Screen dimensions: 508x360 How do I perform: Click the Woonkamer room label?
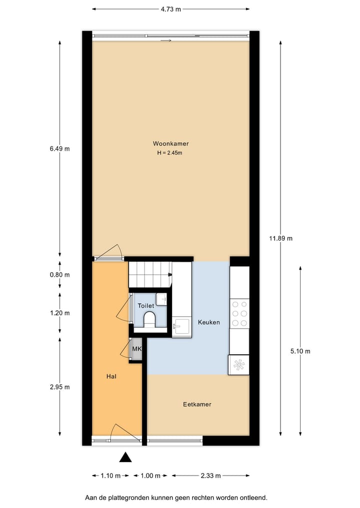click(170, 143)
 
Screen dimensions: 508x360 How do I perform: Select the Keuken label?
click(208, 322)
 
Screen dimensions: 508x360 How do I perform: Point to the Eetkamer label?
click(197, 404)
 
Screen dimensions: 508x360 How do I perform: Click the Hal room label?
click(111, 376)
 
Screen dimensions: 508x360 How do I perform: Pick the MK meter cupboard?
click(136, 349)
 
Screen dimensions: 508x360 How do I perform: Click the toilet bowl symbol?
click(149, 320)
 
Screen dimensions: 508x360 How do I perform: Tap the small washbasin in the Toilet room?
click(161, 299)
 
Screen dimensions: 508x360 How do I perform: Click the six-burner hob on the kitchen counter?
click(239, 313)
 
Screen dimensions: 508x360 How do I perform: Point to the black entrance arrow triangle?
click(125, 457)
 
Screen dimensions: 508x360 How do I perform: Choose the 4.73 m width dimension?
click(170, 9)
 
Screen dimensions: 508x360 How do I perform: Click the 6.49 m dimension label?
click(60, 148)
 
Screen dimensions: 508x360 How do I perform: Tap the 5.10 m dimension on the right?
click(300, 351)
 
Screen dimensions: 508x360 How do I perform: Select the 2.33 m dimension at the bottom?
click(210, 476)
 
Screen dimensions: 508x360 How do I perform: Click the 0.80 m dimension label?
click(60, 275)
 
